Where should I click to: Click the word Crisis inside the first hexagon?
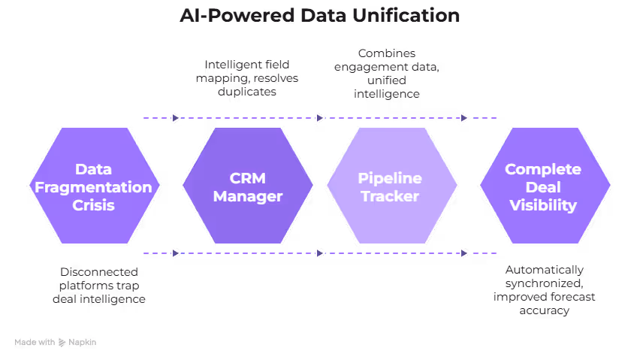click(93, 205)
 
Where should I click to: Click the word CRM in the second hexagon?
click(248, 178)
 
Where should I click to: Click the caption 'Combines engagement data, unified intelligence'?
click(387, 74)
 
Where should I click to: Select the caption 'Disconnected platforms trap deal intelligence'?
click(99, 285)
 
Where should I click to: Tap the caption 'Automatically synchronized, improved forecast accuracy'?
click(544, 289)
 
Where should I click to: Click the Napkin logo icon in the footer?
click(62, 343)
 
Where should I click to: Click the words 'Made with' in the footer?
click(34, 343)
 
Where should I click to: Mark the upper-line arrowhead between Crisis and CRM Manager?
click(176, 117)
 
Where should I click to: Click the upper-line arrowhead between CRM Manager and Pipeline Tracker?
click(320, 117)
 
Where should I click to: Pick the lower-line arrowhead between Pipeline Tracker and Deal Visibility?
click(463, 253)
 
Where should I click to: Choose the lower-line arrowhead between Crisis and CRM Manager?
click(176, 253)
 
